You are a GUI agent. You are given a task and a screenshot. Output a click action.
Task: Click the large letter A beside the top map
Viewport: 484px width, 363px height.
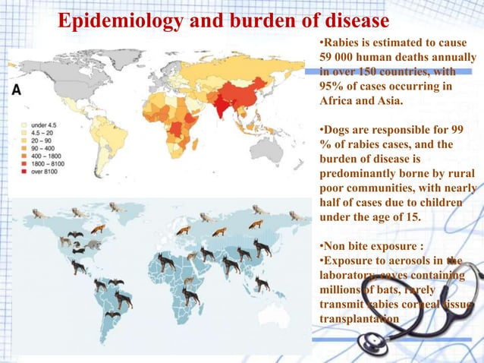click(16, 89)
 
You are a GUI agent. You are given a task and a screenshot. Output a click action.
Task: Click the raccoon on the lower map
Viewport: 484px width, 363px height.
click(92, 245)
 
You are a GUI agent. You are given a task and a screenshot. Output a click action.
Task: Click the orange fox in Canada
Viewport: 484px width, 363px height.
click(97, 228)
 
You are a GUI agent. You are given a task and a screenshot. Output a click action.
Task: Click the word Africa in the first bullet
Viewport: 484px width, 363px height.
click(333, 102)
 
